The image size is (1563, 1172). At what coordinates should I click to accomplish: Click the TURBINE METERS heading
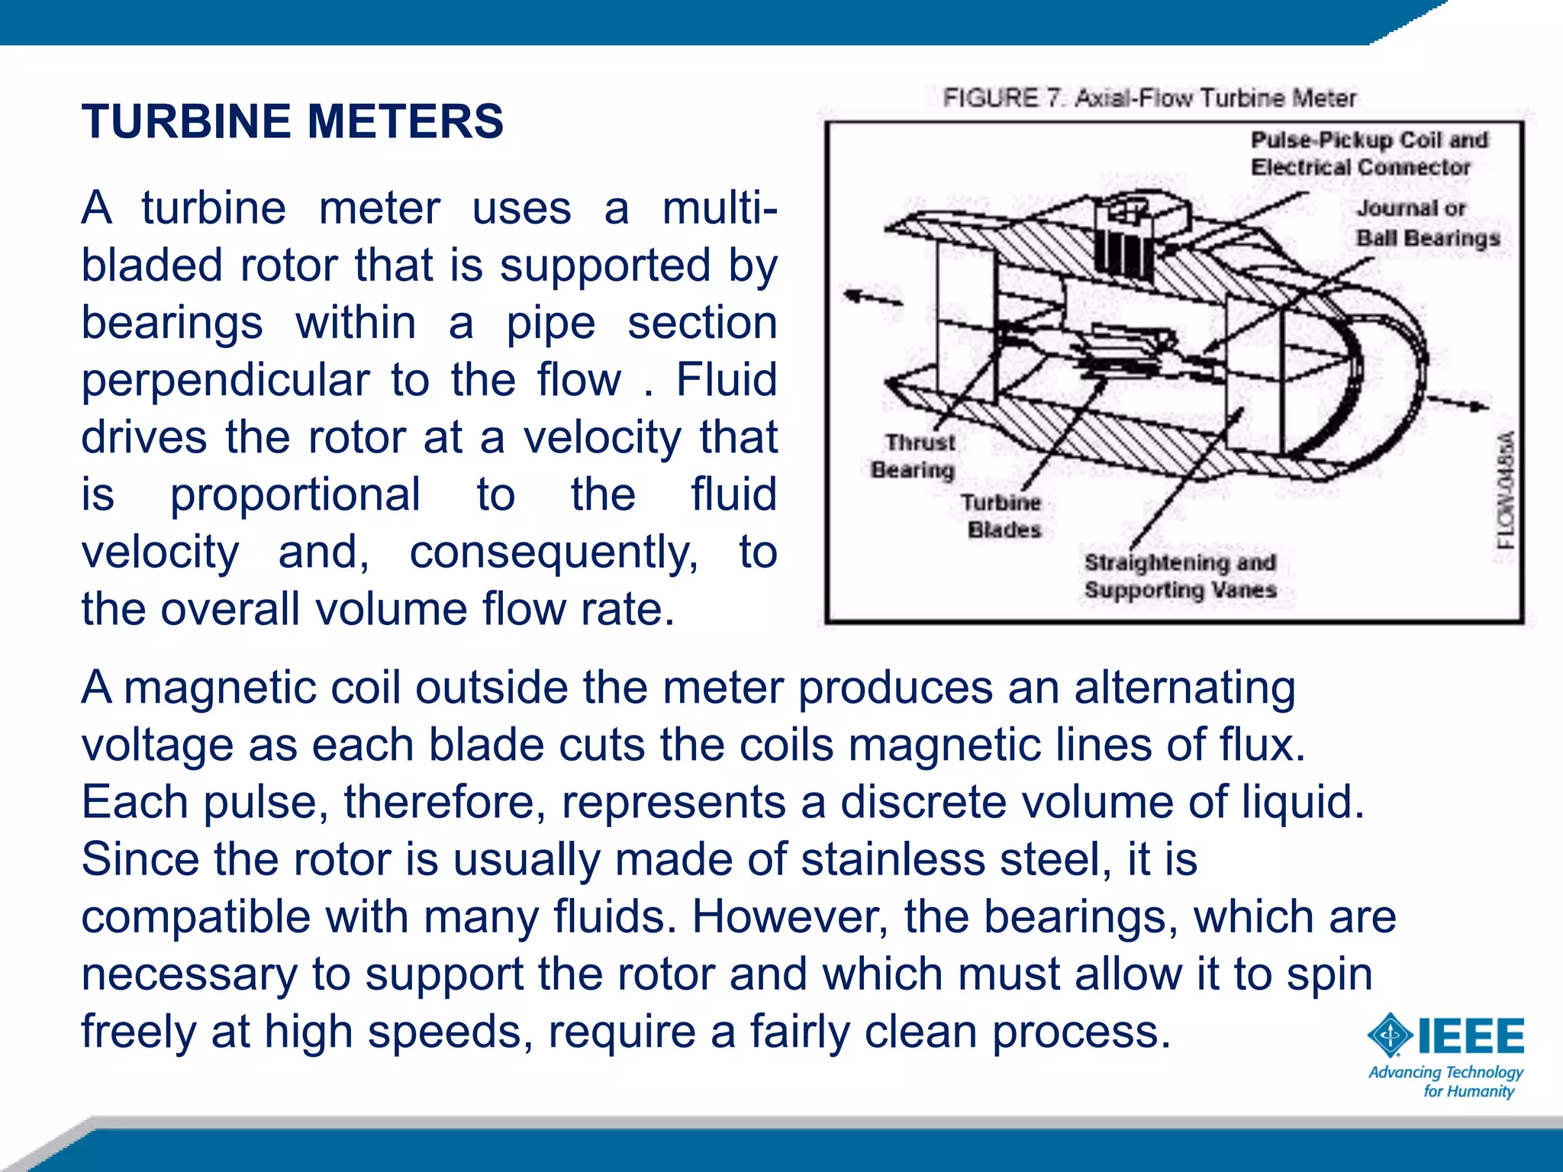point(292,122)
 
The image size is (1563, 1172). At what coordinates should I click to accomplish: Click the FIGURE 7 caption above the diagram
point(1149,98)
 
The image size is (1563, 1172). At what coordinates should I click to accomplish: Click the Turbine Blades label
point(1002,516)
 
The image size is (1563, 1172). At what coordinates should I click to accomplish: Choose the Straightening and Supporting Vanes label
point(1180,576)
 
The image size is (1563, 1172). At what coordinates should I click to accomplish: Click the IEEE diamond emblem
point(1391,1035)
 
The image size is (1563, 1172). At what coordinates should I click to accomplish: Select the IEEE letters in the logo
point(1471,1035)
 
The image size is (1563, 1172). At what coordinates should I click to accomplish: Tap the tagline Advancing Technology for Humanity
point(1445,1082)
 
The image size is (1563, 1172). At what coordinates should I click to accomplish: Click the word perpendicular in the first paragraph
point(225,380)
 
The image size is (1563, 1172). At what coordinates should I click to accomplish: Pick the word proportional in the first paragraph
point(295,494)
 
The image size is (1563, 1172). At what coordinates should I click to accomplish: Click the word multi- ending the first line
point(720,208)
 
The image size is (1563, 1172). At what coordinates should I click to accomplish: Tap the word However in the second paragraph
point(790,916)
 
